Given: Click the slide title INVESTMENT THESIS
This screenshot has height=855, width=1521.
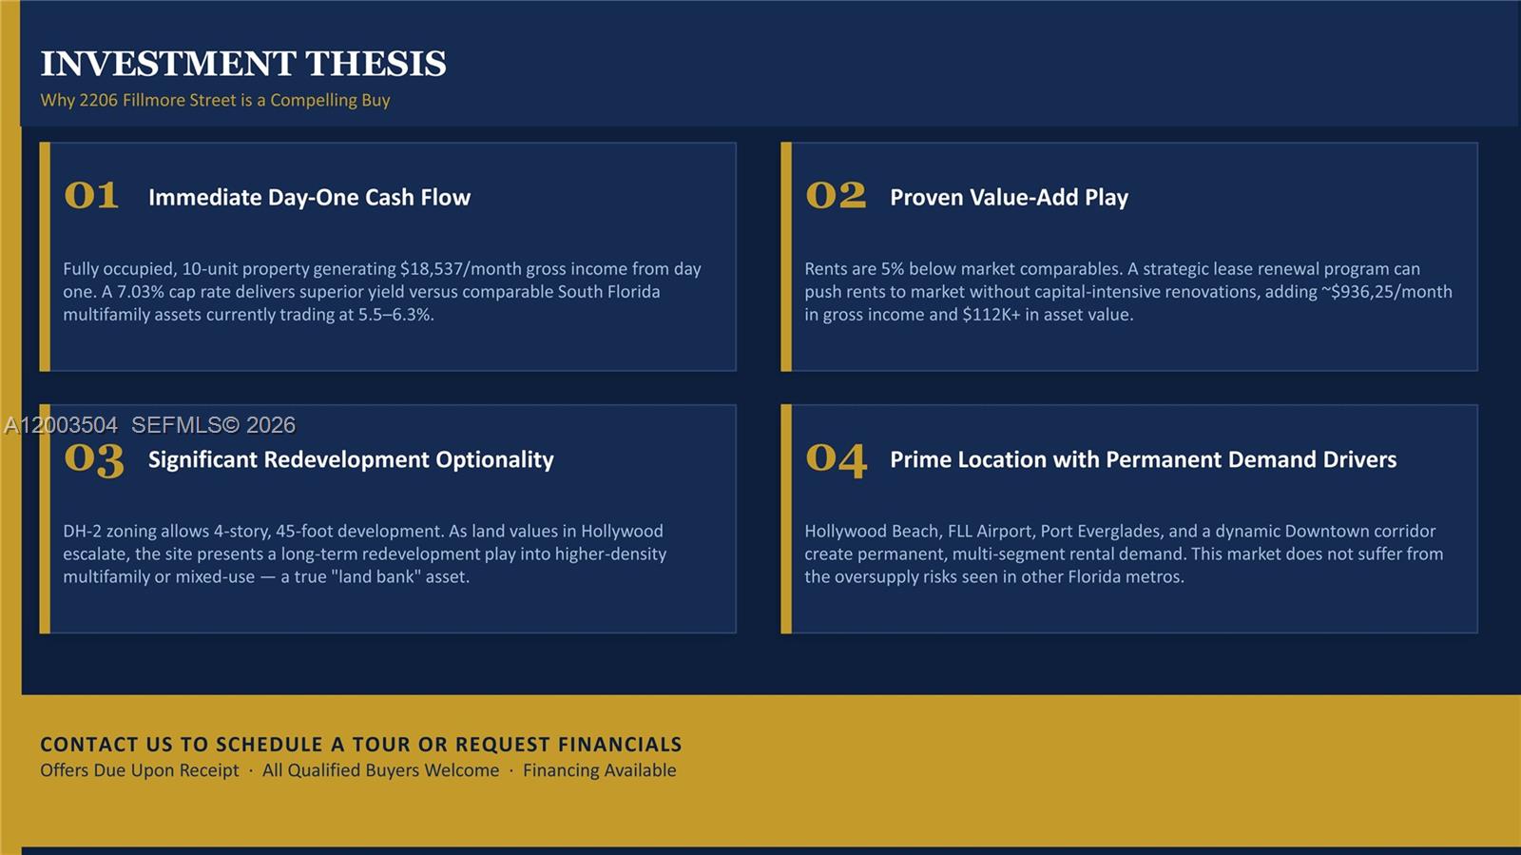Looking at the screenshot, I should (x=243, y=64).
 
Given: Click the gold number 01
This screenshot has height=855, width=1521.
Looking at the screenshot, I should (x=91, y=196).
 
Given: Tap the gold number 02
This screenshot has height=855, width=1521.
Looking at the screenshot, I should (x=836, y=196).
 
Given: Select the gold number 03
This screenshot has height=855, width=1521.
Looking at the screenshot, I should (x=93, y=459).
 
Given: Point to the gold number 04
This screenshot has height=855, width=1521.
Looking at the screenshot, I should (x=836, y=459).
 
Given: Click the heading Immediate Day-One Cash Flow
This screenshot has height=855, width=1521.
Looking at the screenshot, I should (x=309, y=197).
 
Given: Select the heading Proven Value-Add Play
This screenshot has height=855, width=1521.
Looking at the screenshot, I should (x=1009, y=197).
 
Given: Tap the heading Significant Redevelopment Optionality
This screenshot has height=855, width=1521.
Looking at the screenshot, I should (x=351, y=459).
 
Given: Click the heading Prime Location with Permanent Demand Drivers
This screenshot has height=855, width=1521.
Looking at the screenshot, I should (x=1143, y=459).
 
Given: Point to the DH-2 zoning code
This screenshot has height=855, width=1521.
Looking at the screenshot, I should (x=82, y=532).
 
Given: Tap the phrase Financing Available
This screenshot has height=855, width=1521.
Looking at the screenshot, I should (x=599, y=770).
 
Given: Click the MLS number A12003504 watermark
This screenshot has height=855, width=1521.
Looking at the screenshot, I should (x=61, y=425).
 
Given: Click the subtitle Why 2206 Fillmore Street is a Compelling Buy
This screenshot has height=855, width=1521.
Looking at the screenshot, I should (x=215, y=100).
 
